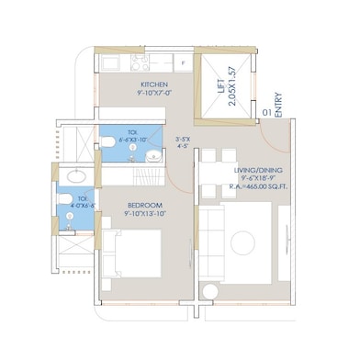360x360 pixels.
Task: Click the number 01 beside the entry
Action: click(264, 113)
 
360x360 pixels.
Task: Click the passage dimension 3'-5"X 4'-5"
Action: click(182, 142)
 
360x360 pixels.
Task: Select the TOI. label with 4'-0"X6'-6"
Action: click(84, 201)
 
